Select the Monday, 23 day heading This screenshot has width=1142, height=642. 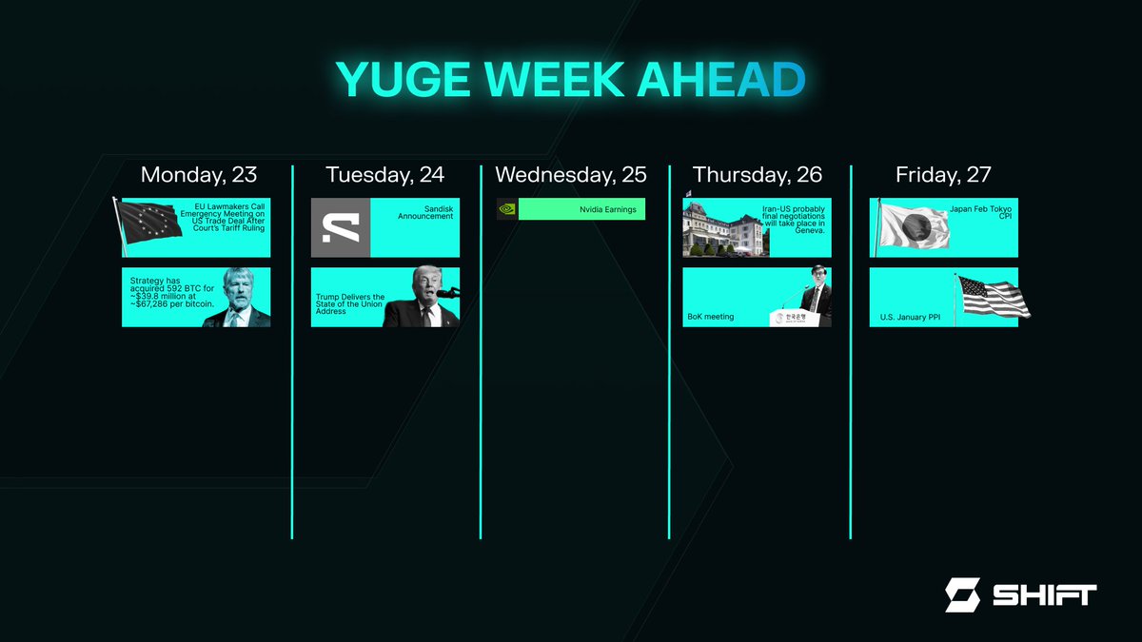pyautogui.click(x=198, y=175)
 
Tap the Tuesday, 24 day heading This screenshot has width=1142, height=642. pyautogui.click(x=384, y=175)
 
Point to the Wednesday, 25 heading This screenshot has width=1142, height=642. pyautogui.click(x=570, y=175)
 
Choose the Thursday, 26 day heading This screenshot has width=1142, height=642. pyautogui.click(x=758, y=175)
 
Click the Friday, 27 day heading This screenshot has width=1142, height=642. pyautogui.click(x=943, y=175)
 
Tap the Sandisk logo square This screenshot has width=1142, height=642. pyautogui.click(x=341, y=228)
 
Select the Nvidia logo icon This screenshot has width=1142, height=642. pyautogui.click(x=507, y=209)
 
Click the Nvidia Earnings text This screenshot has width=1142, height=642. pyautogui.click(x=608, y=209)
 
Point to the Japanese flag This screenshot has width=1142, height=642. pyautogui.click(x=912, y=228)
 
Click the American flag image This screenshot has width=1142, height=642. pyautogui.click(x=993, y=297)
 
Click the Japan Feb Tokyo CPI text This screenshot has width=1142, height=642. pyautogui.click(x=980, y=212)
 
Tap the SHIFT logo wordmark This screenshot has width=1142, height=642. pyautogui.click(x=1043, y=595)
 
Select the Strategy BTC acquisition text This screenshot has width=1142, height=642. pyautogui.click(x=171, y=290)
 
